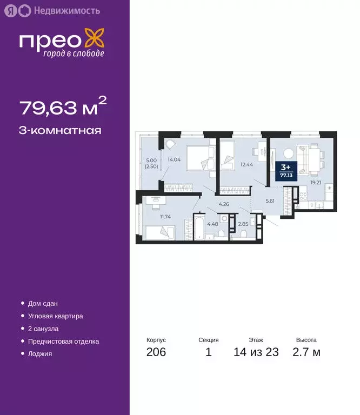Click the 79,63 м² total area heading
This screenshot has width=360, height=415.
point(59,108)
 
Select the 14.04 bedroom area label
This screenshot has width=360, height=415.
point(174,159)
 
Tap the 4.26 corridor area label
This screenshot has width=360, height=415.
point(224,204)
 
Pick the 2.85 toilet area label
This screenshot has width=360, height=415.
point(243,223)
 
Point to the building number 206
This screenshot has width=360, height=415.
point(156,353)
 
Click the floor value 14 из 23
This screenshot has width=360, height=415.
point(256,353)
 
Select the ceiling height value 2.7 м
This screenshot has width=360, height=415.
point(306,353)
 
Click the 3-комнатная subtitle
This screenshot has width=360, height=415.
point(60,130)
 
